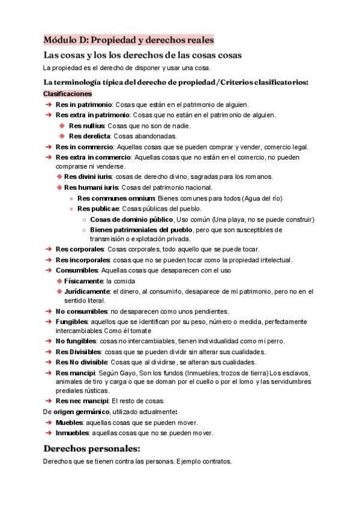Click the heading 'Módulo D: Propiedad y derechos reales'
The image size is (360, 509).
[x=128, y=40]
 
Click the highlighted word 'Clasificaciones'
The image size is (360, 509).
[x=67, y=94]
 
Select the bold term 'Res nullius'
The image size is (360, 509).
[x=87, y=125]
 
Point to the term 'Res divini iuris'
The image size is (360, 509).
[x=89, y=176]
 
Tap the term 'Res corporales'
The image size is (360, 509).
[x=80, y=249]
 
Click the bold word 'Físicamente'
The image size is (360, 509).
[x=83, y=281]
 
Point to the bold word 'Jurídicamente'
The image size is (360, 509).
[x=87, y=291]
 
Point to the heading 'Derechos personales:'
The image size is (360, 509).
[x=91, y=448]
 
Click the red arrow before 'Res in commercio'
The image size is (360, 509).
[x=48, y=147]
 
